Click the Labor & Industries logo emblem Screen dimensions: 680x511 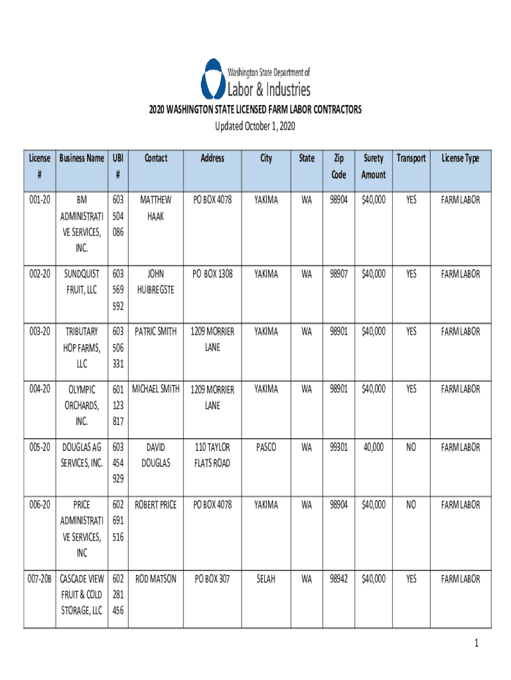[212, 79]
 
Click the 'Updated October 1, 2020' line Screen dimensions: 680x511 [256, 126]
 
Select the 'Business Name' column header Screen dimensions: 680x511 [82, 158]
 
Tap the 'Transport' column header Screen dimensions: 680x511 [411, 158]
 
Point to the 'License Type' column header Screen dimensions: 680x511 [461, 158]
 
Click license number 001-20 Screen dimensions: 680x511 [40, 199]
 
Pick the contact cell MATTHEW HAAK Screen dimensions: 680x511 [156, 208]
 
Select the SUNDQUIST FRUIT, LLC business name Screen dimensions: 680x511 [82, 282]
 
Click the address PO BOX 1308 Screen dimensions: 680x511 [212, 274]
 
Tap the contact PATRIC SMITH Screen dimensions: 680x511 [156, 331]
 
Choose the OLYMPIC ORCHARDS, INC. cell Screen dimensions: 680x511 [82, 405]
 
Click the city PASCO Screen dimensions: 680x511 [265, 448]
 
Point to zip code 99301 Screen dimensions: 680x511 [338, 448]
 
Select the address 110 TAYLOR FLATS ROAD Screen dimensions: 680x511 [212, 456]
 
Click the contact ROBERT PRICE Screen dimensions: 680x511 [156, 505]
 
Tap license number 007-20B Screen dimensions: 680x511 [40, 579]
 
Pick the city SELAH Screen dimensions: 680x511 [265, 579]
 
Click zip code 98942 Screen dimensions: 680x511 [338, 579]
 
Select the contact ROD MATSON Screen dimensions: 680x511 [156, 579]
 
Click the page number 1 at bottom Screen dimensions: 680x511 [476, 643]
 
